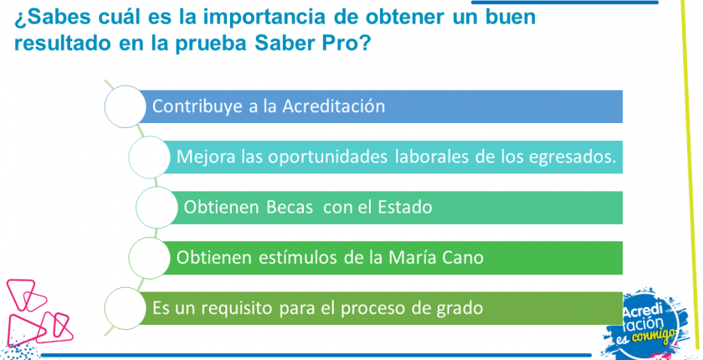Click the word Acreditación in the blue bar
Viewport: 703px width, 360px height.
pyautogui.click(x=334, y=106)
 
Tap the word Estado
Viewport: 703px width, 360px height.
pyautogui.click(x=405, y=207)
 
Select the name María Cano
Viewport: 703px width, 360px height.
pyautogui.click(x=436, y=258)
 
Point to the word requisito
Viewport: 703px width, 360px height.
pyautogui.click(x=234, y=309)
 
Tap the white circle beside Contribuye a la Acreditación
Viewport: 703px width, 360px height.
pyautogui.click(x=125, y=106)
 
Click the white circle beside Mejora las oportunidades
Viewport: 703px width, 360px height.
pyautogui.click(x=150, y=157)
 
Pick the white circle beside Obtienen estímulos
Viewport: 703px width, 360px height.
pyautogui.click(x=150, y=258)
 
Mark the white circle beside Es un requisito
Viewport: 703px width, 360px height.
pyautogui.click(x=125, y=308)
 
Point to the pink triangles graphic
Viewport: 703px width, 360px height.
pyautogui.click(x=38, y=312)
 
